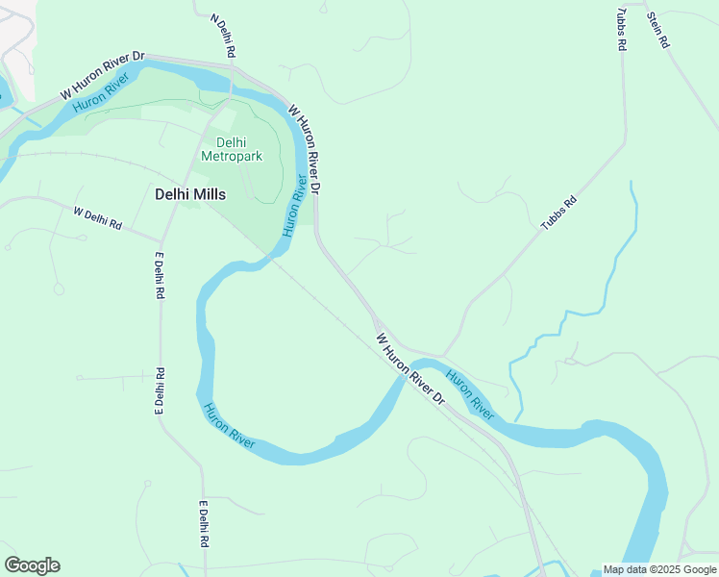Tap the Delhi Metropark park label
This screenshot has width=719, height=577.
[232, 150]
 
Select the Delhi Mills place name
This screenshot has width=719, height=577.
[190, 194]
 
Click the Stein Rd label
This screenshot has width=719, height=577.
[657, 30]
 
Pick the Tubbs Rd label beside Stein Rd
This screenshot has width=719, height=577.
[622, 30]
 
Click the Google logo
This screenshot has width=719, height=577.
[32, 565]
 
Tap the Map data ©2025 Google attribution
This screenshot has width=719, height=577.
[659, 569]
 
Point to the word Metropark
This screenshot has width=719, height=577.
[232, 157]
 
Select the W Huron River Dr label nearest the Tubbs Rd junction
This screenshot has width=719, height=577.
[411, 368]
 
